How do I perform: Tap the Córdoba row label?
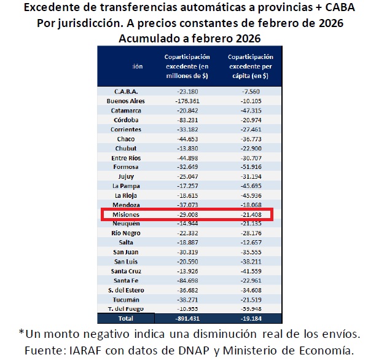point(127,120)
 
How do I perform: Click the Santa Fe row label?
point(127,281)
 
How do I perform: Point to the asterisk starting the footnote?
point(22,333)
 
